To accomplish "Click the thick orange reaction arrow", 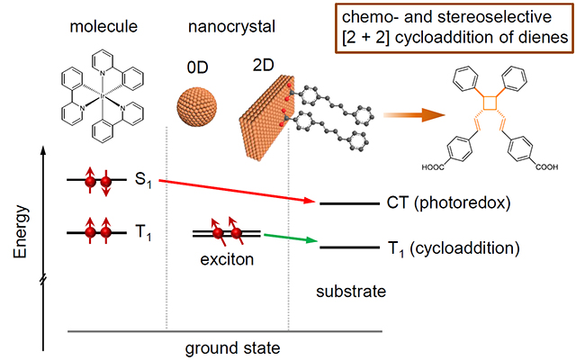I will (x=410, y=115).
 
